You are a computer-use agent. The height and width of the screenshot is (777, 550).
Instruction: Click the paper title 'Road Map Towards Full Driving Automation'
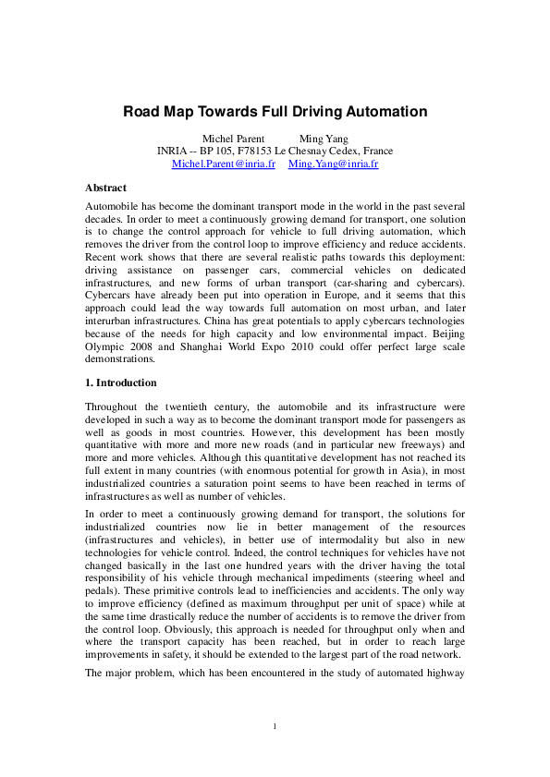275,112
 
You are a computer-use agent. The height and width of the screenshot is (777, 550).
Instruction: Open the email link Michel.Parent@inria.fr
224,164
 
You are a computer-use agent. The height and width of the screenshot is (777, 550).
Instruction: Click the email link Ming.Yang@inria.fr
334,164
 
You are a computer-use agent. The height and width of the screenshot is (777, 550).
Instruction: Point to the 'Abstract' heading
105,188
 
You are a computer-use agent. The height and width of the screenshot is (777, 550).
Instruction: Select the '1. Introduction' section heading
121,382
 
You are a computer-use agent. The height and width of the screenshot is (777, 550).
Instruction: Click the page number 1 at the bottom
275,726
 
